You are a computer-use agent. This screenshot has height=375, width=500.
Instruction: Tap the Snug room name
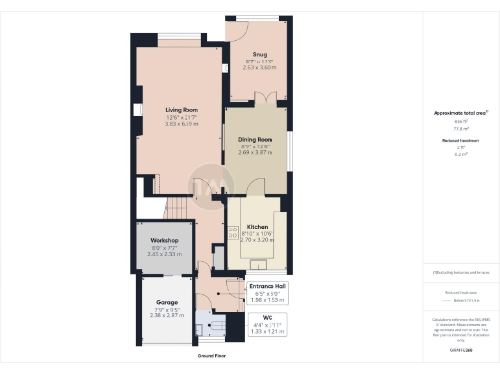259,55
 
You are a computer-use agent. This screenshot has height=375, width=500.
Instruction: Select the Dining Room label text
255,139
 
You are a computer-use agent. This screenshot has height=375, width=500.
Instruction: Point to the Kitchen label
257,226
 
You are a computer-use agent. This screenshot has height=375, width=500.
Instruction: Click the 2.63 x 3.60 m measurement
259,68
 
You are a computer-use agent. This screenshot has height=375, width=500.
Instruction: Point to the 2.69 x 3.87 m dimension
255,152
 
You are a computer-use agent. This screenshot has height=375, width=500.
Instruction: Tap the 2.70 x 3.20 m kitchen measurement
257,239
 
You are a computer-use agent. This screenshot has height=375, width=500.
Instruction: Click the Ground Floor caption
212,357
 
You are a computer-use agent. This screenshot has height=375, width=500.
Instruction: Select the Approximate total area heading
458,114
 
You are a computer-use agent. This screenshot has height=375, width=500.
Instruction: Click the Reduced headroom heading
458,142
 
